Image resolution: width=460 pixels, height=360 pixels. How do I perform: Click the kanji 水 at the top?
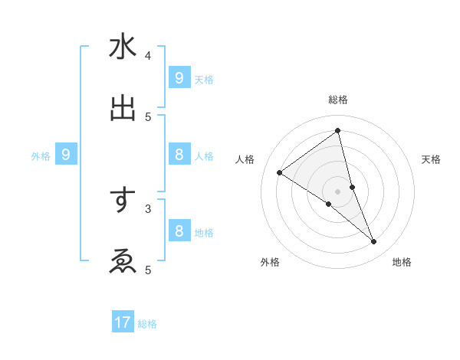[x=123, y=47]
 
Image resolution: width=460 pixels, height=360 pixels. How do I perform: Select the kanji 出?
[x=123, y=108]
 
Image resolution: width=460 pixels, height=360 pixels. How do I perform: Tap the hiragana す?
[x=123, y=201]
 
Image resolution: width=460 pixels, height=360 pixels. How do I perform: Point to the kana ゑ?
[x=123, y=261]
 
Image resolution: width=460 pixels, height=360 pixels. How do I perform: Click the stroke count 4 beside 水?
[x=148, y=55]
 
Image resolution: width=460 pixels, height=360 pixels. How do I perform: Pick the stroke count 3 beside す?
[x=148, y=208]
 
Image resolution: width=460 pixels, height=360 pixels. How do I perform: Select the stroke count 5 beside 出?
[x=148, y=116]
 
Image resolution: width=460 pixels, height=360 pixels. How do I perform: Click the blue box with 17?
[x=123, y=322]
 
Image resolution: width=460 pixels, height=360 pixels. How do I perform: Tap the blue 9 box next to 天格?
[x=179, y=77]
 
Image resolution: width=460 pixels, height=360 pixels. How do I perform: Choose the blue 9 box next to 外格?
[x=66, y=155]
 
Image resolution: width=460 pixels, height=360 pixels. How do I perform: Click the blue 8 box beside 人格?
[x=179, y=155]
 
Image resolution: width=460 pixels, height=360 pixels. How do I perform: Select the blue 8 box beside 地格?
[x=179, y=231]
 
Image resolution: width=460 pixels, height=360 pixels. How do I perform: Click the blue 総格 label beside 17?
[x=147, y=324]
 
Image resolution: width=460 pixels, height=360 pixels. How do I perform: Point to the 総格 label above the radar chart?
[x=338, y=100]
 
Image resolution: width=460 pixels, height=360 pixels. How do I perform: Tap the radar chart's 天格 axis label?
[x=431, y=159]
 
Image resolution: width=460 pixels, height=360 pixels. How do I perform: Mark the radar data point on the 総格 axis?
[x=338, y=131]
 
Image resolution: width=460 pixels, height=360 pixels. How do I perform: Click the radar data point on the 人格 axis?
[x=280, y=172]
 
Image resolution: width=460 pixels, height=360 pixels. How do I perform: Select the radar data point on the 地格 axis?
[x=374, y=241]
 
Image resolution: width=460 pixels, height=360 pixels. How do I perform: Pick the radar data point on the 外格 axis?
[x=329, y=204]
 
